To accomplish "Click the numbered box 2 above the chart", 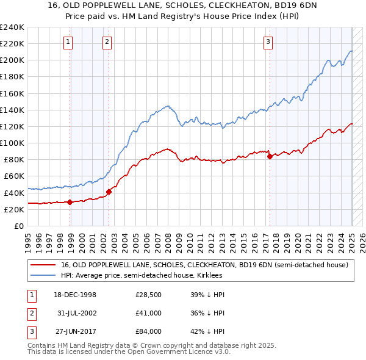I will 107,42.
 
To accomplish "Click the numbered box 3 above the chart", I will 268,42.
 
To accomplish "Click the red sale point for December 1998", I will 70,202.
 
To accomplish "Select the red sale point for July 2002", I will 109,192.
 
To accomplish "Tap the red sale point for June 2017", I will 270,156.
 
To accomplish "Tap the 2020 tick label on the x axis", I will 300,239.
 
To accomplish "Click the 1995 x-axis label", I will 28,239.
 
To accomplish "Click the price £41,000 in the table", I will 149,313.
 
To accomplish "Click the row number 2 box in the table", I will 30,313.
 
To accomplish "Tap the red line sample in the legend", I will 43,265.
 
